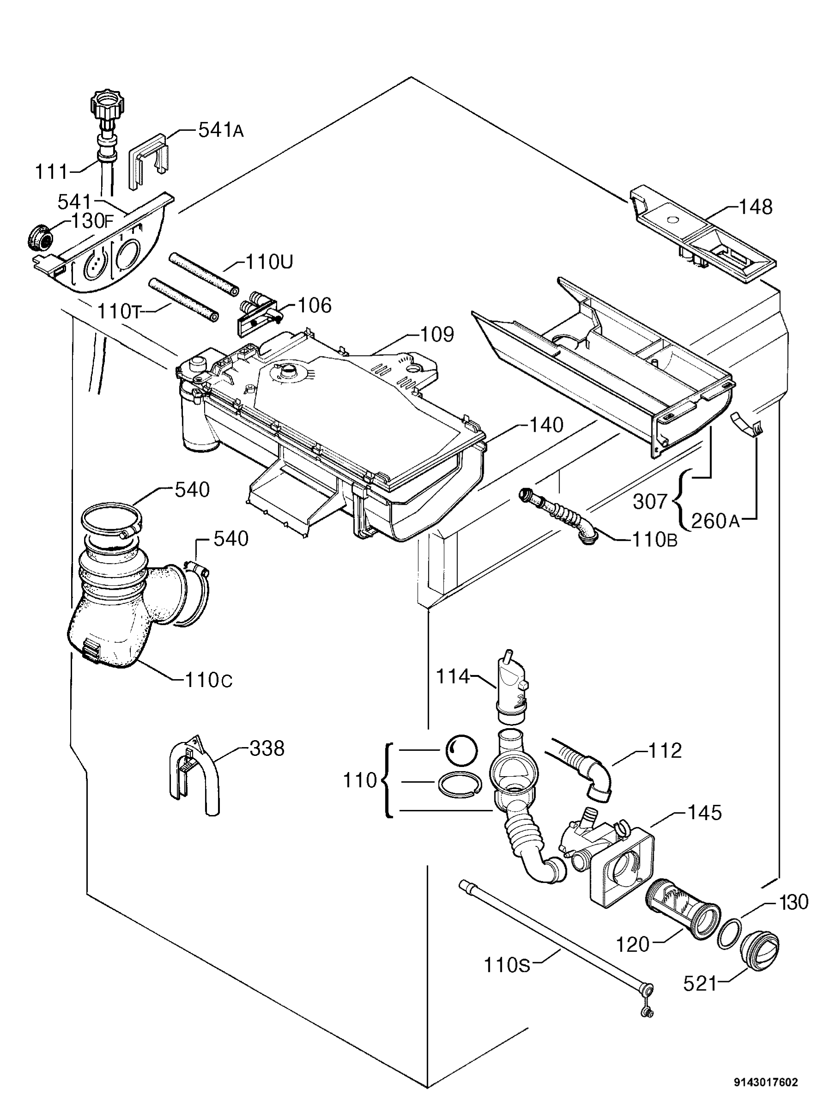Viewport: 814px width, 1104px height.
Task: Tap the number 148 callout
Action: pos(755,207)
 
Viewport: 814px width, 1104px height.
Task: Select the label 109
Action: pos(437,335)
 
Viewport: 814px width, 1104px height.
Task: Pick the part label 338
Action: pos(267,749)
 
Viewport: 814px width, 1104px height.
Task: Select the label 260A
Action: pos(716,521)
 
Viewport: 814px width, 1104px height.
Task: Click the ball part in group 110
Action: pos(461,750)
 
